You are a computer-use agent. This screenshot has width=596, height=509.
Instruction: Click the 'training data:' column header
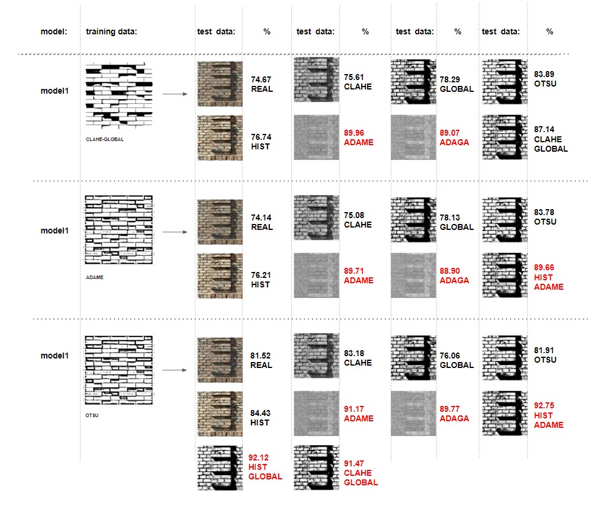111,31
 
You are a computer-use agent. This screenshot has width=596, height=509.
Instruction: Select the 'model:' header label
53,31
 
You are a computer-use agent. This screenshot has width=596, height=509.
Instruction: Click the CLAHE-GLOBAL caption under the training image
104,139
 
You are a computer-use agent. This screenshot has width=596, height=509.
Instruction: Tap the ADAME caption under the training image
95,277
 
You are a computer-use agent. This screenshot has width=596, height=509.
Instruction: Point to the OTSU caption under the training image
92,415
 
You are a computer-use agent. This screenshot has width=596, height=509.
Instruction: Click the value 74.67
261,80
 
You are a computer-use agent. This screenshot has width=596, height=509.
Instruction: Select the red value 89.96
354,133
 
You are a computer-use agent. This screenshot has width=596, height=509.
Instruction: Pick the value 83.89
544,74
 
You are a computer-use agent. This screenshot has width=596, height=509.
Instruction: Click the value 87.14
544,130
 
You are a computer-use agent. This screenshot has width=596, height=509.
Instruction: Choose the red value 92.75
544,406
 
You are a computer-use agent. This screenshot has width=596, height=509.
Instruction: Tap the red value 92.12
259,457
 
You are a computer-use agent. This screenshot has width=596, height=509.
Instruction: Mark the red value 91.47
354,464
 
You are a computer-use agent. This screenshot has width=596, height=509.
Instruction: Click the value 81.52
260,356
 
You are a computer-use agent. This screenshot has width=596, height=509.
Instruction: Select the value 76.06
450,356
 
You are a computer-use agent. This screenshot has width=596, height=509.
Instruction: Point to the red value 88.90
450,271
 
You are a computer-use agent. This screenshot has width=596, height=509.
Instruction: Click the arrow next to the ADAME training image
175,232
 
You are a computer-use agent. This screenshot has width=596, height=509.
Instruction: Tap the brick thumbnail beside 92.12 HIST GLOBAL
220,468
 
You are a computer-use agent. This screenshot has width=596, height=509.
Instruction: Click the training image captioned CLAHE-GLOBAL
119,95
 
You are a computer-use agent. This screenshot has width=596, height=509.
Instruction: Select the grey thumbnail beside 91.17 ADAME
317,413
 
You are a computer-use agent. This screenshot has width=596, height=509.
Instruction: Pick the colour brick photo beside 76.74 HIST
220,138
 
